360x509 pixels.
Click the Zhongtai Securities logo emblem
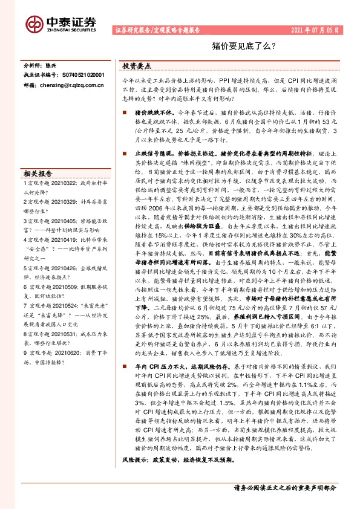[x=33, y=22]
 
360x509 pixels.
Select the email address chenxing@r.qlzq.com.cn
[x=67, y=86]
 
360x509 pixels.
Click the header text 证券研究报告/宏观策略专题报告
[x=155, y=30]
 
